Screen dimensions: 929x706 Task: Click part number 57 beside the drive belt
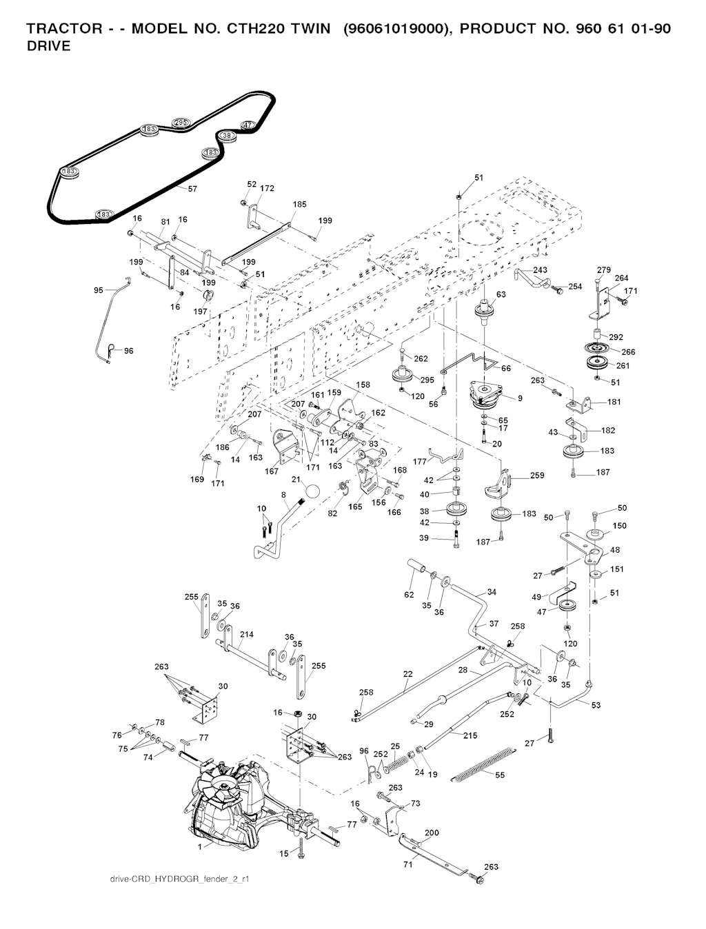(x=192, y=189)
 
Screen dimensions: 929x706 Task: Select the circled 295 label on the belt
(x=181, y=122)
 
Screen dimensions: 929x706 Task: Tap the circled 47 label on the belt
(x=248, y=125)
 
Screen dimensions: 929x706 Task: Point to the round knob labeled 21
(x=312, y=491)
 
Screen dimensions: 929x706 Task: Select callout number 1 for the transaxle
(x=200, y=845)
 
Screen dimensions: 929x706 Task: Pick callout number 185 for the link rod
(x=300, y=205)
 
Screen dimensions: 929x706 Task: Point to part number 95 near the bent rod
(x=99, y=291)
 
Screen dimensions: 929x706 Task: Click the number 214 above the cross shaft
(x=246, y=634)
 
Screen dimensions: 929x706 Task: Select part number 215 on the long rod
(x=470, y=736)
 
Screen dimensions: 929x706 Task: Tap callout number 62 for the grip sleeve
(x=409, y=595)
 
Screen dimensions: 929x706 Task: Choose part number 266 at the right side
(x=628, y=352)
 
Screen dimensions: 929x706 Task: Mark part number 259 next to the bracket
(x=537, y=476)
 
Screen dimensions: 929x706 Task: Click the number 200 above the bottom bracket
(x=432, y=833)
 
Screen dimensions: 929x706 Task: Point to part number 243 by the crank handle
(x=541, y=269)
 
